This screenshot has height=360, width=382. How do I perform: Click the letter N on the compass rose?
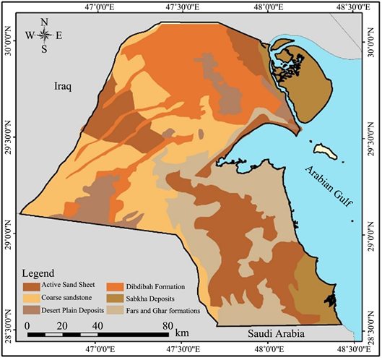click(44, 21)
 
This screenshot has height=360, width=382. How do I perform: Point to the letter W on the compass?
click(30, 35)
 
